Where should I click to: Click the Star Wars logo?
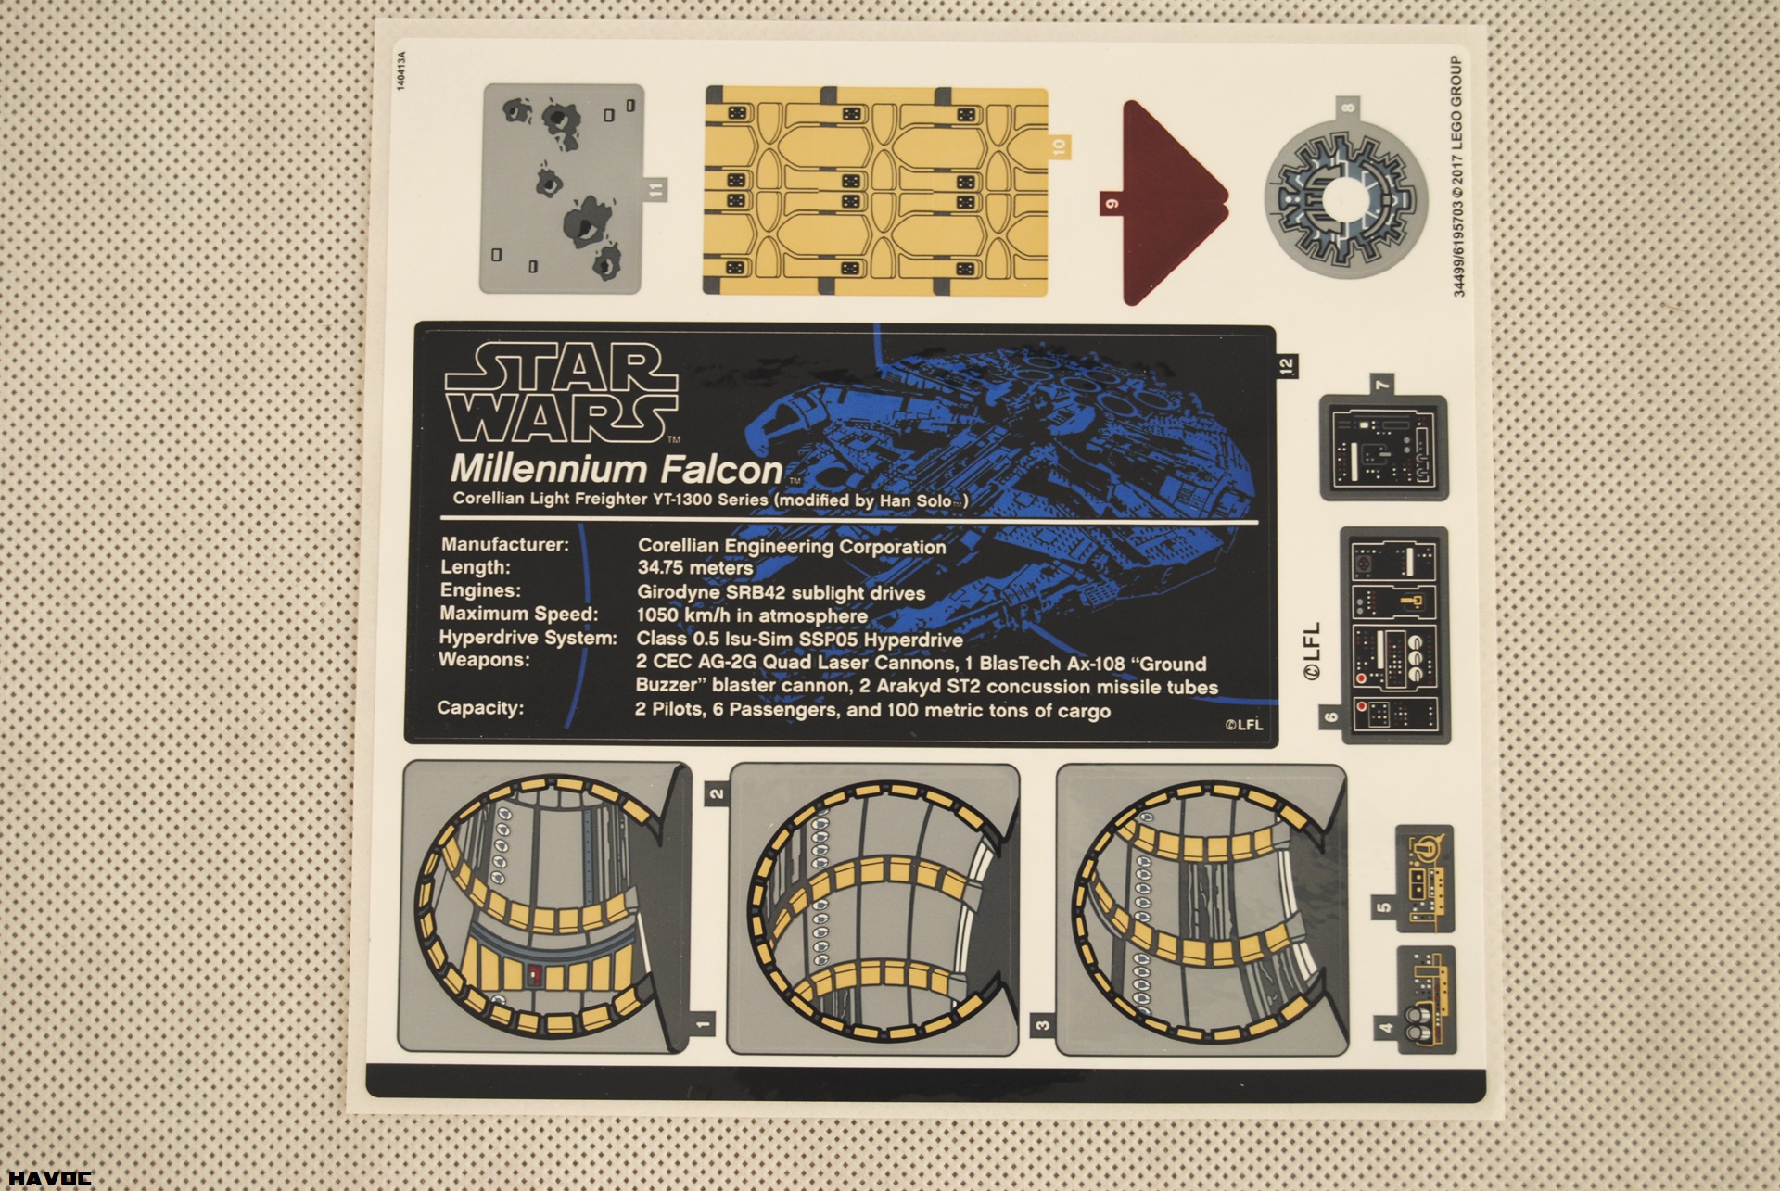tap(562, 393)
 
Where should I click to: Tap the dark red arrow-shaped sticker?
tap(1170, 203)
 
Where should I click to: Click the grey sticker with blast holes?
tap(562, 189)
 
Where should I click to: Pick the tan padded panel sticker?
tap(876, 192)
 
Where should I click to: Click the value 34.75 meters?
tap(695, 568)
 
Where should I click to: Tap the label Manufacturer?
tap(504, 544)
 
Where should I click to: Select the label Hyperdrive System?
tap(528, 638)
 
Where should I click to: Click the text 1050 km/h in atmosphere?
tap(752, 615)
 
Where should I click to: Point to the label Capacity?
tap(480, 708)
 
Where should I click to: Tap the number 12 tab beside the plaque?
tap(1286, 366)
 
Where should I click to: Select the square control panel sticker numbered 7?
tap(1383, 447)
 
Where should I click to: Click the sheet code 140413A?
tap(400, 70)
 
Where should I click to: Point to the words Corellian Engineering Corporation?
tap(792, 546)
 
